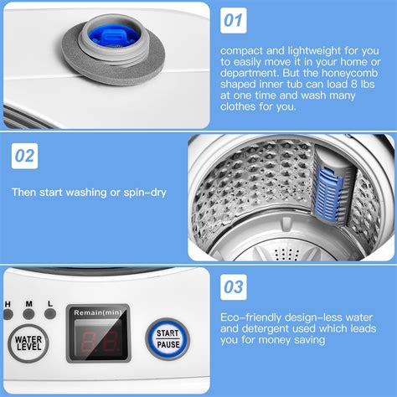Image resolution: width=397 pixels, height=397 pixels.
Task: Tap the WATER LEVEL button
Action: point(28,345)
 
